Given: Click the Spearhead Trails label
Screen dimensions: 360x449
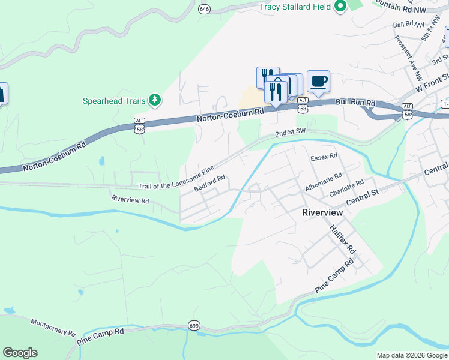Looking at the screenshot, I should pyautogui.click(x=114, y=101).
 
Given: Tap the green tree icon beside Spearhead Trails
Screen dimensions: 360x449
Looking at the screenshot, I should pyautogui.click(x=155, y=100).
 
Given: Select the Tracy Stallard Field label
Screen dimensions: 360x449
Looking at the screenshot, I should pyautogui.click(x=295, y=7).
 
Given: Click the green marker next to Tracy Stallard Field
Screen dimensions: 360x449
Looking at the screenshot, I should pyautogui.click(x=340, y=7).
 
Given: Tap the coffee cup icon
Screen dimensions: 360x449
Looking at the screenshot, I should pyautogui.click(x=318, y=80).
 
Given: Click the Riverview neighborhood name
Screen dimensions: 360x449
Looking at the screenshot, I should pyautogui.click(x=322, y=212).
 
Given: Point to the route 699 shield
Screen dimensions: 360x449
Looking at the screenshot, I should pyautogui.click(x=193, y=324).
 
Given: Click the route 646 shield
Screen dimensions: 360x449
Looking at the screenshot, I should pyautogui.click(x=205, y=9).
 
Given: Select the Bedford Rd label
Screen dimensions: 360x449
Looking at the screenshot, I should pyautogui.click(x=210, y=183).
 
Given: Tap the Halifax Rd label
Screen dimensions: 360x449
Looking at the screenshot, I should pyautogui.click(x=343, y=239).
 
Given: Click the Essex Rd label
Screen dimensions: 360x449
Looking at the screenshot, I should pyautogui.click(x=324, y=157).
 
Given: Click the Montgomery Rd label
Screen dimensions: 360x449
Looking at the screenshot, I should pyautogui.click(x=53, y=327).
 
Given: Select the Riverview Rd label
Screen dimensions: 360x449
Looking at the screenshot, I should pyautogui.click(x=130, y=199).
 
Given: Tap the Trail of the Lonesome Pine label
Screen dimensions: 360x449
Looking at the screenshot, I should pyautogui.click(x=176, y=179).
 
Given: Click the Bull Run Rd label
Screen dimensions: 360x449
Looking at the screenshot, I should pyautogui.click(x=356, y=104).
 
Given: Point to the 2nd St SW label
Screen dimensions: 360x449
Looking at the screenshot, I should pyautogui.click(x=291, y=133).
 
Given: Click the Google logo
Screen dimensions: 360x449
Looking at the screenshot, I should pyautogui.click(x=20, y=353).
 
